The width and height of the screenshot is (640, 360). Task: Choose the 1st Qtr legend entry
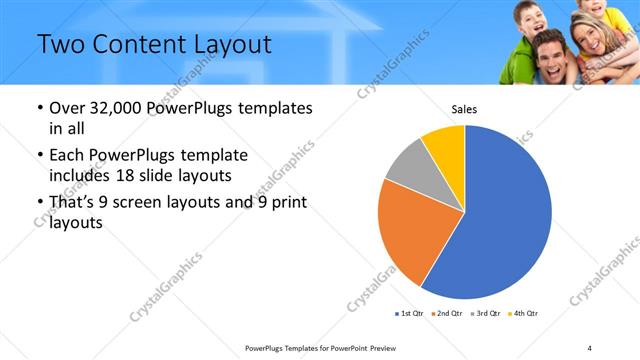tap(409, 314)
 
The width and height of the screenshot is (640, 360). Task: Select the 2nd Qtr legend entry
tap(447, 314)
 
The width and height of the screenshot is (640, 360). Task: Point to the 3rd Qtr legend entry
tap(485, 314)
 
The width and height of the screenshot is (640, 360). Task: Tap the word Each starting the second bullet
tap(67, 155)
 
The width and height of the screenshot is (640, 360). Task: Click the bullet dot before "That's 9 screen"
tap(39, 203)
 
